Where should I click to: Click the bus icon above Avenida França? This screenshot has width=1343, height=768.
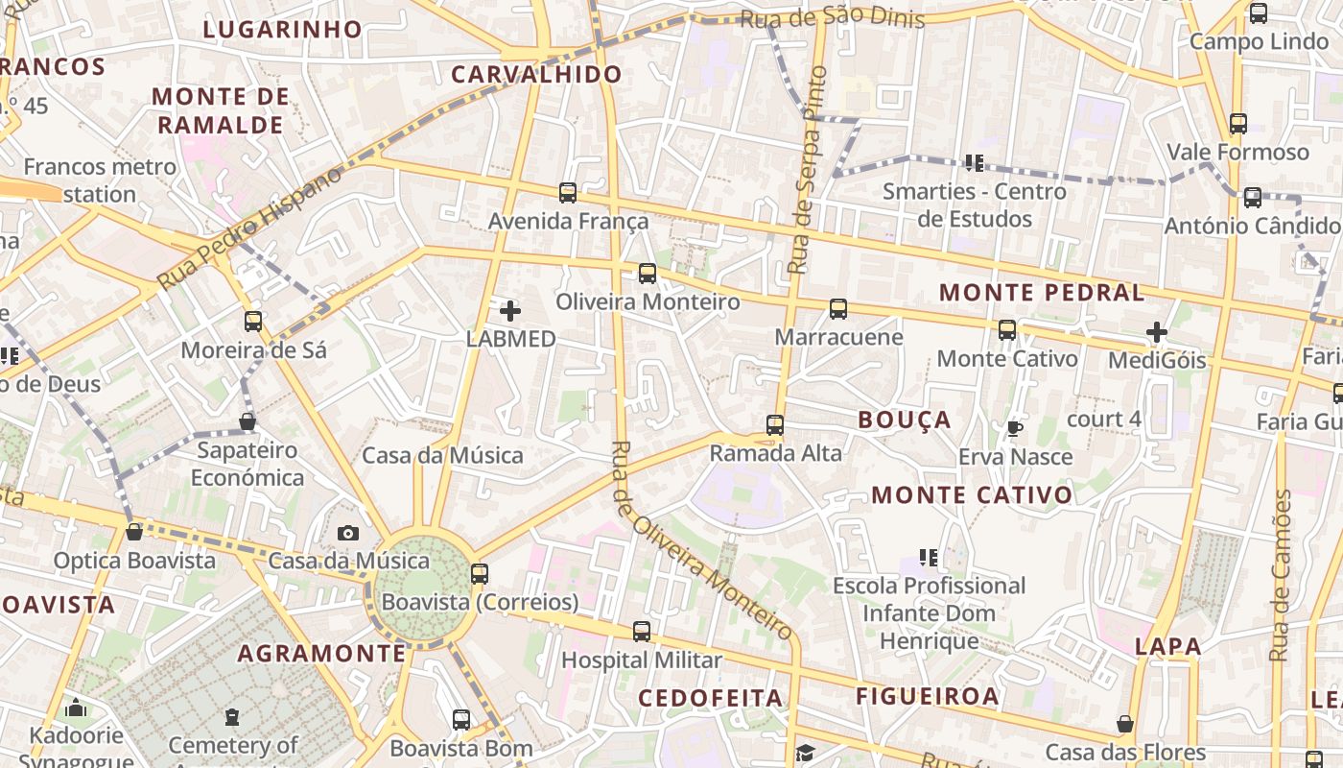coord(568,193)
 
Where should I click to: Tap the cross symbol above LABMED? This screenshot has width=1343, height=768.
coord(510,310)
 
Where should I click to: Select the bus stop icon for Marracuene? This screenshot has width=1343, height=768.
coord(838,309)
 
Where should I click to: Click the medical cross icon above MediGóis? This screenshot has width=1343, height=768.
coord(1157,333)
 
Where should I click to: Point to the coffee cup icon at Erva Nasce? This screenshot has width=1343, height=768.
coord(1015,428)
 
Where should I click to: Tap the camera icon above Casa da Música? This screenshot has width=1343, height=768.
coord(348,533)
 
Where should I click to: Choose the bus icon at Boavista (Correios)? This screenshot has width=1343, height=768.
coord(480,574)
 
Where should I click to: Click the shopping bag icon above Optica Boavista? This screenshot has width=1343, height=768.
coord(134,532)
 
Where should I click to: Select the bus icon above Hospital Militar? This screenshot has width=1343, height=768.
coord(642,632)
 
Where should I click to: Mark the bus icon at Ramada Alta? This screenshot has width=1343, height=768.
coord(775,425)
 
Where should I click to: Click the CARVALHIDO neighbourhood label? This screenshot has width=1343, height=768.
coord(536,74)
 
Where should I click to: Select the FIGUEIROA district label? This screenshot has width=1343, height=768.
coord(928,696)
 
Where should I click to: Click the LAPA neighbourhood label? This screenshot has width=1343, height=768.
coord(1168,646)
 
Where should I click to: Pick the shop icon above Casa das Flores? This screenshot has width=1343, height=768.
coord(1125,724)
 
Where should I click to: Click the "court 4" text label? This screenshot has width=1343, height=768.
coord(1104,419)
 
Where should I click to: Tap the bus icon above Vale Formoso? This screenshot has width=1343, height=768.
coord(1238,124)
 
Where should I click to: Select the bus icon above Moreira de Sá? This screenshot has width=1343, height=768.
coord(253,322)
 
